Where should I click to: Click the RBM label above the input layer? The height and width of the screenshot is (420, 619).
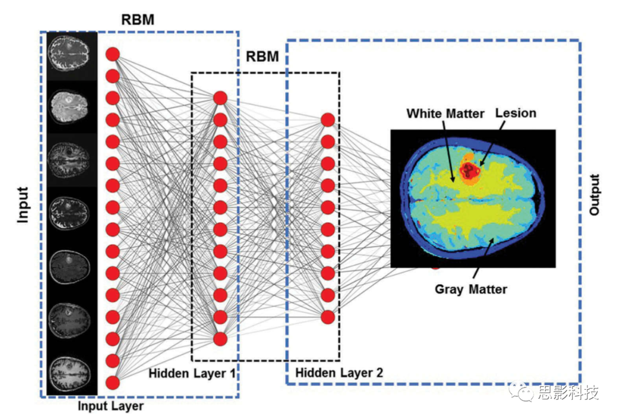coord(138,19)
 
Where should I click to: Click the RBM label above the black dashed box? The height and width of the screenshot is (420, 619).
coord(263,57)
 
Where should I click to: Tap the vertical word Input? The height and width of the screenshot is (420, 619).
coord(22,205)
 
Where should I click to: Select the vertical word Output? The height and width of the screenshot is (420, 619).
coord(594,195)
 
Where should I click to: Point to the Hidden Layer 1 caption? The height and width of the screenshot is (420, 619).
coord(192,374)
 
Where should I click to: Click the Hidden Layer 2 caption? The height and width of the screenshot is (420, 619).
coord(339,374)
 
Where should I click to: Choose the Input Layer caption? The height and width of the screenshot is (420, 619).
coord(110,407)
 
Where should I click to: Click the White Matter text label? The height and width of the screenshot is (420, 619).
coord(445,113)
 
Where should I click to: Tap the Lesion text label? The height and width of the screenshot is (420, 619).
coord(516,113)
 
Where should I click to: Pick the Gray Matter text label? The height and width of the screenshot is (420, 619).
coord(471,289)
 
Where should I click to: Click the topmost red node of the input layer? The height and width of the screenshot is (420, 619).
coord(112,54)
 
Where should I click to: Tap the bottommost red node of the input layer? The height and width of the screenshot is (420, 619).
coord(112,382)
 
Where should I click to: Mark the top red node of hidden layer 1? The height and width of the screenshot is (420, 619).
coord(221,98)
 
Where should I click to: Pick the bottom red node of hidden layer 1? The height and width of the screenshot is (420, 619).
coord(221,339)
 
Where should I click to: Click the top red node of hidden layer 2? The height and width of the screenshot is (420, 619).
coord(327,120)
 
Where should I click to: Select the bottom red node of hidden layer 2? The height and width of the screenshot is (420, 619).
coord(327,317)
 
